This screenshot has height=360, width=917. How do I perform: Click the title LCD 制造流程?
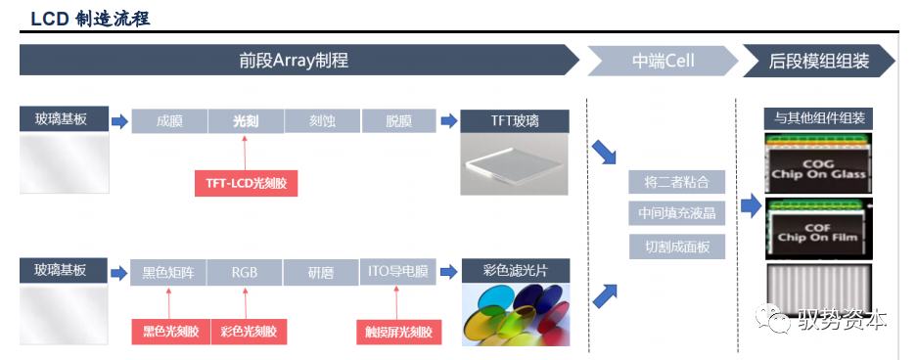click(90, 19)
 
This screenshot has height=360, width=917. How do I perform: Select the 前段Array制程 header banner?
click(294, 61)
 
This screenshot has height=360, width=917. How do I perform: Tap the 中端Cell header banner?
click(663, 61)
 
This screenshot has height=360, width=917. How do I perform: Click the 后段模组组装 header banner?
click(819, 61)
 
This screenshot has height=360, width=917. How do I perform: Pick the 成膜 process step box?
click(169, 121)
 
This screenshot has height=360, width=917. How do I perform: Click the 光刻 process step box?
click(246, 121)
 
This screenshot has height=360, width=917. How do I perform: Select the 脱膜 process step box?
click(399, 121)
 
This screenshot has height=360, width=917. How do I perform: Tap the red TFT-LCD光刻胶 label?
click(246, 182)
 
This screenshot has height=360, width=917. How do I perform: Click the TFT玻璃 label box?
click(515, 121)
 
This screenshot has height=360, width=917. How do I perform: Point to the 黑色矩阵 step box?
click(168, 272)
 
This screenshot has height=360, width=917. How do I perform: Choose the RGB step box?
click(245, 272)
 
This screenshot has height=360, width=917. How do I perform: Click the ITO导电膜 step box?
click(398, 272)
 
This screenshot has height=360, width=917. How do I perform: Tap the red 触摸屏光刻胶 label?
click(398, 333)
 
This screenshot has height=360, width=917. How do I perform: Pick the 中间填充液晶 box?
click(677, 213)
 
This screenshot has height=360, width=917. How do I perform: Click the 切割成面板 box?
click(677, 246)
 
